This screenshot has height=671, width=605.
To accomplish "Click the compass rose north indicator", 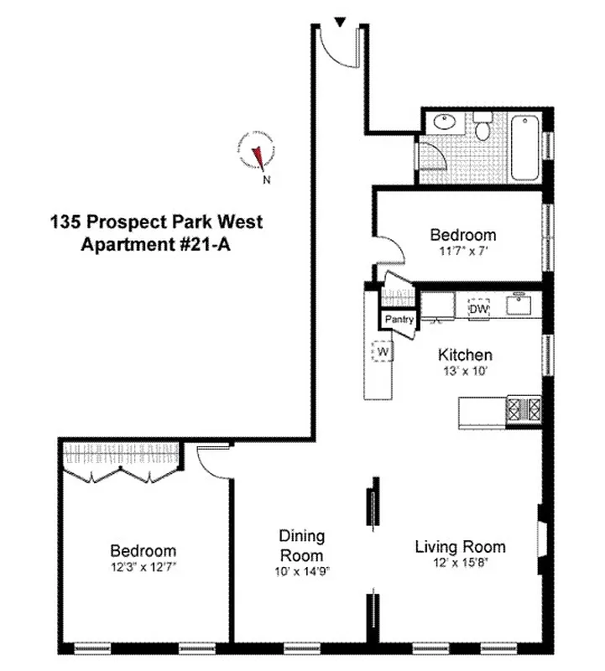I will tap(258, 155).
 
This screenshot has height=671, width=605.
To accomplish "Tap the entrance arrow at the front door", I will tap(339, 22).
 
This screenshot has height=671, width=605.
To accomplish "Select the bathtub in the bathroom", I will tap(526, 148).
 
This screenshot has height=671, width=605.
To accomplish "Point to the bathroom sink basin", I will tap(446, 123).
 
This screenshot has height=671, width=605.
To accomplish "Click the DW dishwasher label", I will tap(478, 309).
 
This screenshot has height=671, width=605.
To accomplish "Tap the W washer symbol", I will tap(382, 351).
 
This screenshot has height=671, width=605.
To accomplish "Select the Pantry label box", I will tap(399, 320).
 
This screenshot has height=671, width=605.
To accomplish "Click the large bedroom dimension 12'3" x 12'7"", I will tap(143, 566).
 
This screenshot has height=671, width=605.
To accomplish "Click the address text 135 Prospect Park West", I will tap(156, 222).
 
